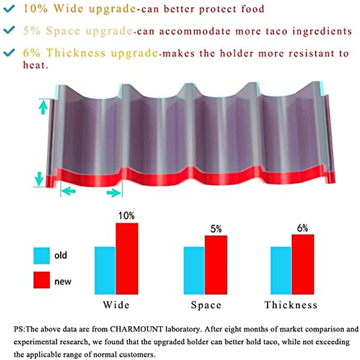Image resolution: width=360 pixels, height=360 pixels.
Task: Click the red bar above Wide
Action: pyautogui.click(x=127, y=259)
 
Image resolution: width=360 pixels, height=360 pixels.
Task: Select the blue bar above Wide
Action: pyautogui.click(x=105, y=270)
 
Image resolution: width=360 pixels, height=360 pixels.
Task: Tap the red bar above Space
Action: pyautogui.click(x=216, y=265)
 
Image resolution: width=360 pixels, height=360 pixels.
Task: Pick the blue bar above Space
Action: pyautogui.click(x=194, y=270)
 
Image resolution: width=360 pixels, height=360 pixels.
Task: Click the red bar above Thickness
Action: pyautogui.click(x=303, y=264)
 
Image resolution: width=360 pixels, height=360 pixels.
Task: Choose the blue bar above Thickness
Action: pyautogui.click(x=281, y=270)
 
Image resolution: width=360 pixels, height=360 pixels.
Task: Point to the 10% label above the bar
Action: pyautogui.click(x=126, y=216)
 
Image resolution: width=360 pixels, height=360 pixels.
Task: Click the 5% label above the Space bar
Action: pyautogui.click(x=216, y=229)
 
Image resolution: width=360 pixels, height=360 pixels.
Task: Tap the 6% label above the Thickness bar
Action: pyautogui.click(x=302, y=228)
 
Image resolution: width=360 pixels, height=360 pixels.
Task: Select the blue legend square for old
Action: pyautogui.click(x=41, y=256)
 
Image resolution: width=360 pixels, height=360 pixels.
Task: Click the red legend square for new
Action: pyautogui.click(x=41, y=280)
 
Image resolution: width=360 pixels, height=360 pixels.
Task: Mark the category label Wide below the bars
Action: pyautogui.click(x=116, y=305)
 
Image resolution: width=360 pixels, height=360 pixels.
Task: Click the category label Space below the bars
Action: pyautogui.click(x=206, y=305)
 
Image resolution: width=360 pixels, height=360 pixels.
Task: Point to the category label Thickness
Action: pyautogui.click(x=291, y=305)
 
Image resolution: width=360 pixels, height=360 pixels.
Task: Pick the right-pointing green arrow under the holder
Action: pyautogui.click(x=113, y=193)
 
